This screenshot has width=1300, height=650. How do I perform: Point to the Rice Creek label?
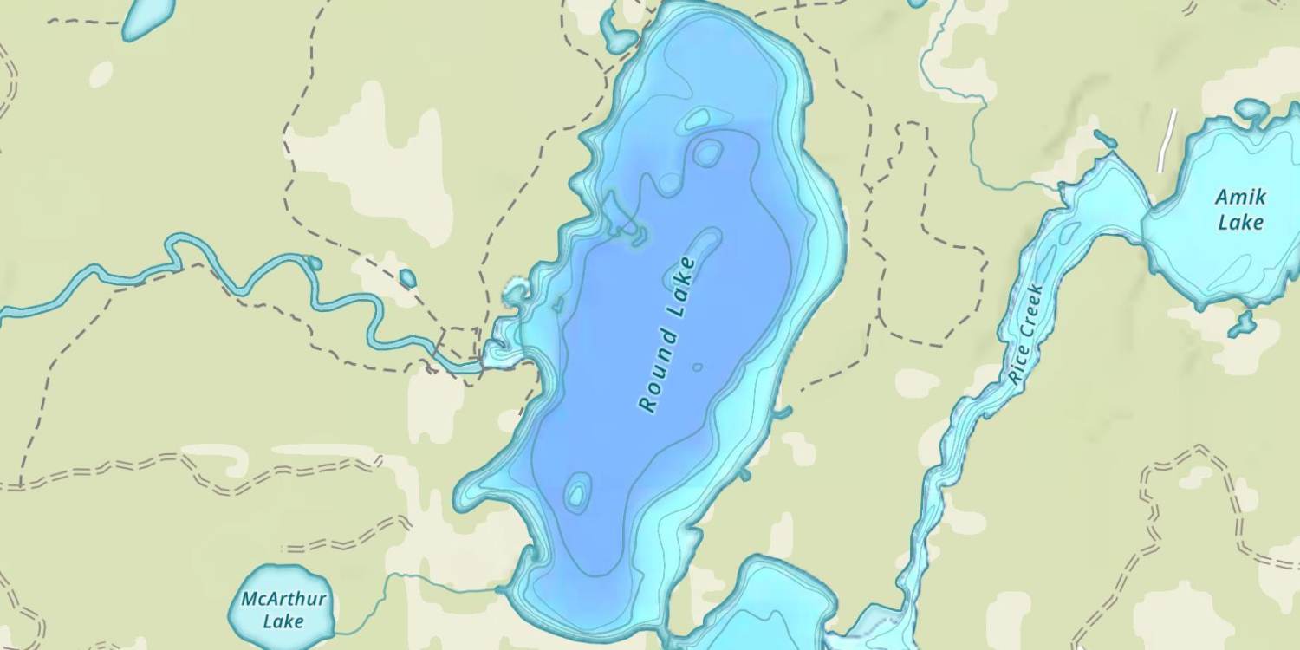click(1027, 335)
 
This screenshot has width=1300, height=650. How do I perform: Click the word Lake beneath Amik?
click(1241, 223)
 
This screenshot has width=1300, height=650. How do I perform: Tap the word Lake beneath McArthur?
click(283, 621)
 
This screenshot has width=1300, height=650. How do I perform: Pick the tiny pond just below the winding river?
click(406, 279)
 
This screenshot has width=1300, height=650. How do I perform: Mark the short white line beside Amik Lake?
click(1167, 140)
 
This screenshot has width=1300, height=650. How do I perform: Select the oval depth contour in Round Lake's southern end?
click(576, 492)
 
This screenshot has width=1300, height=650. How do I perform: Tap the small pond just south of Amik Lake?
click(1242, 324)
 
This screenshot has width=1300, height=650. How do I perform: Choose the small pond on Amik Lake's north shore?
click(1251, 110)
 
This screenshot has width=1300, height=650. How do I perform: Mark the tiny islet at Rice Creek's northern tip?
click(1104, 139)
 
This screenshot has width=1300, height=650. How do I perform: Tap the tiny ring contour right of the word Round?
click(698, 367)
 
